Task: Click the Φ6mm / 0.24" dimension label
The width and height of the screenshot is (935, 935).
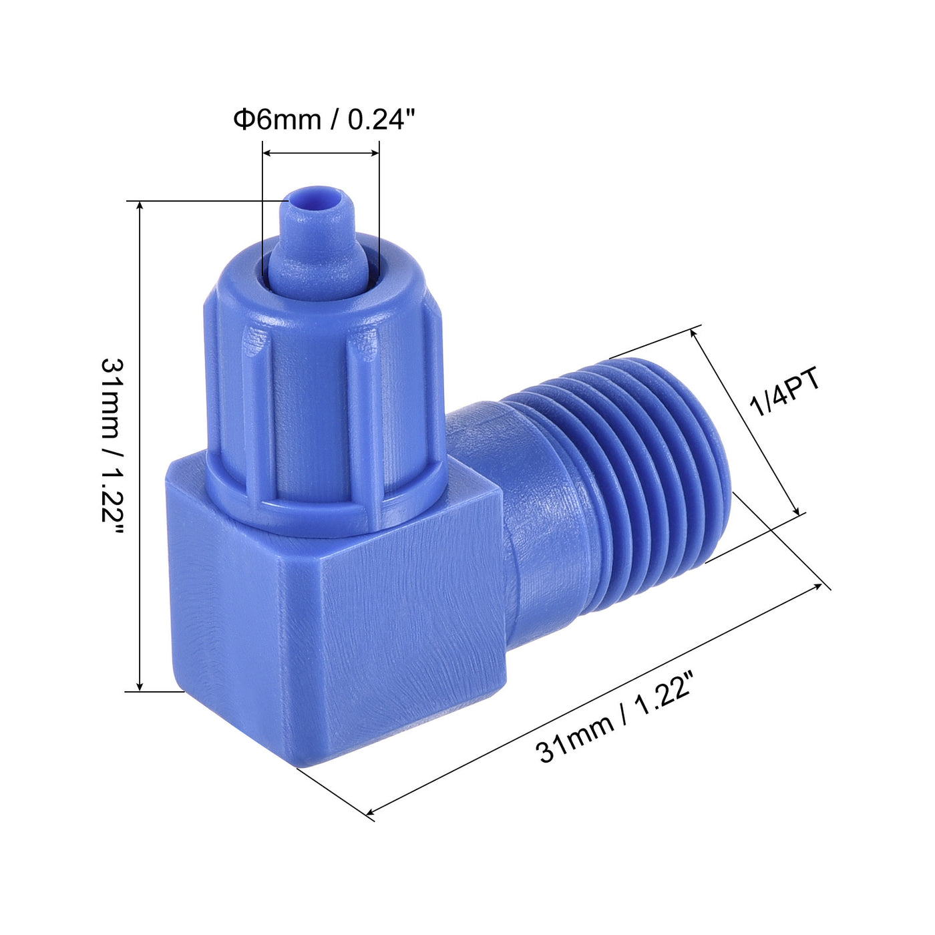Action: point(324,120)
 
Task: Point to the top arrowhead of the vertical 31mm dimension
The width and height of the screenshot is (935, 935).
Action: point(140,205)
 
